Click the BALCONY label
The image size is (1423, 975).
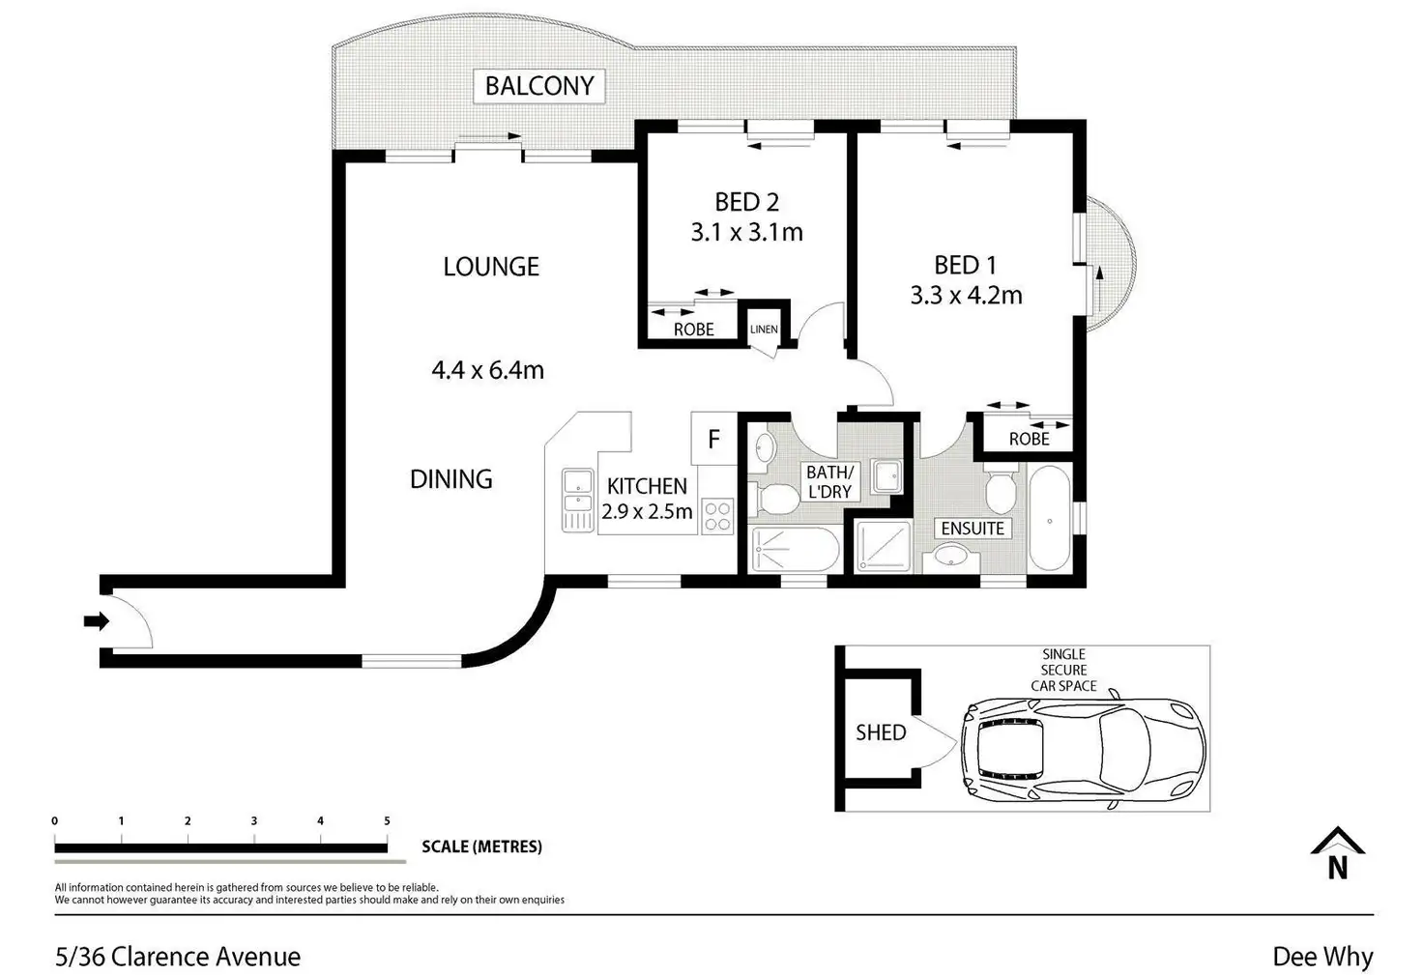tap(539, 86)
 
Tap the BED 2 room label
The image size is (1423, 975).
tap(746, 202)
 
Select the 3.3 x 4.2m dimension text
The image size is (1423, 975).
tap(966, 296)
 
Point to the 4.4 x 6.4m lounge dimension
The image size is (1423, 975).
tap(487, 370)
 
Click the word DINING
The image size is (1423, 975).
tap(451, 479)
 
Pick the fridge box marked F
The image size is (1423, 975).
tap(714, 439)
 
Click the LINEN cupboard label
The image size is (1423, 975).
tap(764, 329)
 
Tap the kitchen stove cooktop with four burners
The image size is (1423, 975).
tap(718, 516)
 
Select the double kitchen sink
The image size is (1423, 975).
tap(577, 500)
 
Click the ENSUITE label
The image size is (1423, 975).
tap(973, 529)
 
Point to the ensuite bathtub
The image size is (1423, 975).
tap(1050, 518)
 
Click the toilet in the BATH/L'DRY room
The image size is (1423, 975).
tap(773, 500)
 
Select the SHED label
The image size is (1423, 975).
tap(881, 733)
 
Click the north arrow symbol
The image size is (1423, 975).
tap(1337, 853)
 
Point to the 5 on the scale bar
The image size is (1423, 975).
tap(387, 820)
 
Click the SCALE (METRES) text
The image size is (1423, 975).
tap(481, 846)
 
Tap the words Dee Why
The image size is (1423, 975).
tap(1322, 956)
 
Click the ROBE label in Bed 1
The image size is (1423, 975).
tap(1030, 439)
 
